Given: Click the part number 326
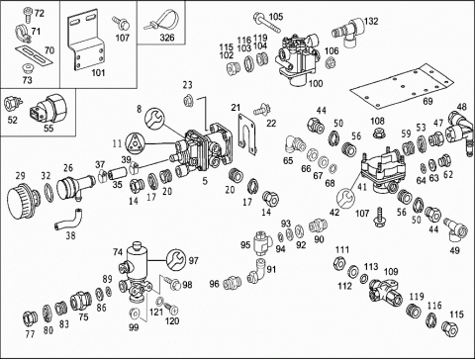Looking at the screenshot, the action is [x=167, y=38].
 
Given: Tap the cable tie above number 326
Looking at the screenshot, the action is [x=161, y=21].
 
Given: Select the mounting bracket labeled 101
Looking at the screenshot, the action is [x=86, y=43].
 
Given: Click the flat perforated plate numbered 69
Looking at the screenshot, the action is [x=402, y=86].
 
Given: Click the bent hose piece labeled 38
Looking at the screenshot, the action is [x=68, y=220].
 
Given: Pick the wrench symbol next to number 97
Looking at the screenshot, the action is [x=176, y=260].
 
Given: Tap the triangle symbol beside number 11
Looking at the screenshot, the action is [x=135, y=143].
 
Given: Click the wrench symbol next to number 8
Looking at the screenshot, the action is [x=154, y=119].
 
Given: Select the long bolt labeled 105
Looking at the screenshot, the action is [x=267, y=22].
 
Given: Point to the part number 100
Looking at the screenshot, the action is [x=316, y=83].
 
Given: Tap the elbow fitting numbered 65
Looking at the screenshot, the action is [x=295, y=143].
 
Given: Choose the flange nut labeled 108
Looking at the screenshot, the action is [x=377, y=134].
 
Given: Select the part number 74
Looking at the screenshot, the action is [x=118, y=252].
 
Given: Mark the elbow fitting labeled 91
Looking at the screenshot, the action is [x=257, y=272].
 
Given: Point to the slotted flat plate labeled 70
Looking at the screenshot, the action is [x=35, y=55].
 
